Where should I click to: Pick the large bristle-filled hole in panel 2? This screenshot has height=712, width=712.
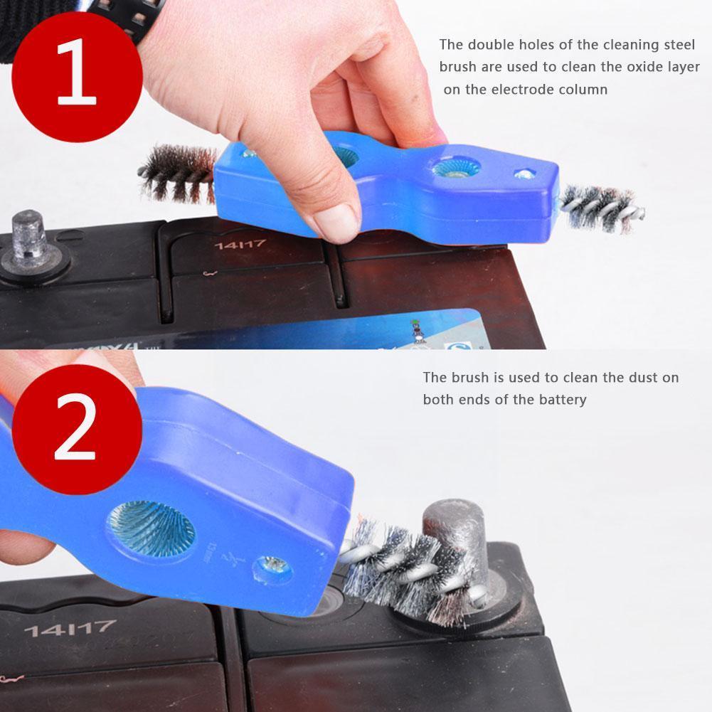[151, 528]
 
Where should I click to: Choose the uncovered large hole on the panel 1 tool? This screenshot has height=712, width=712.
[453, 167]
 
